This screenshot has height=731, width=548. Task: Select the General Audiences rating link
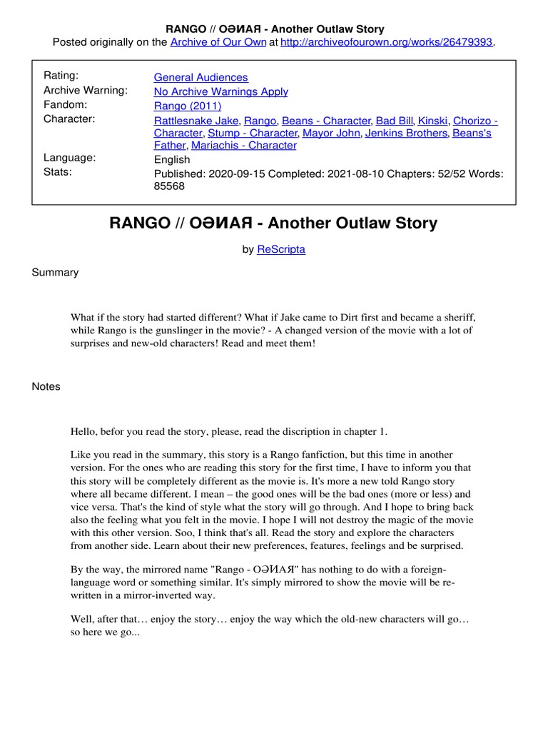[x=201, y=77]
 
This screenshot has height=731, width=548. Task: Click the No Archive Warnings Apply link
[x=220, y=91]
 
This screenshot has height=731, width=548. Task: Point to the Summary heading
[x=55, y=273]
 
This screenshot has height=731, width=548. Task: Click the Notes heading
[x=46, y=387]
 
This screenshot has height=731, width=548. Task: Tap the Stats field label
[x=57, y=172]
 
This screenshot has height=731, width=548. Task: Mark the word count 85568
[x=169, y=186]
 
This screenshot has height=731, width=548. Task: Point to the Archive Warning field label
[x=86, y=91]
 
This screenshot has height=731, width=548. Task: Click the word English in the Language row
[x=172, y=159]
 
